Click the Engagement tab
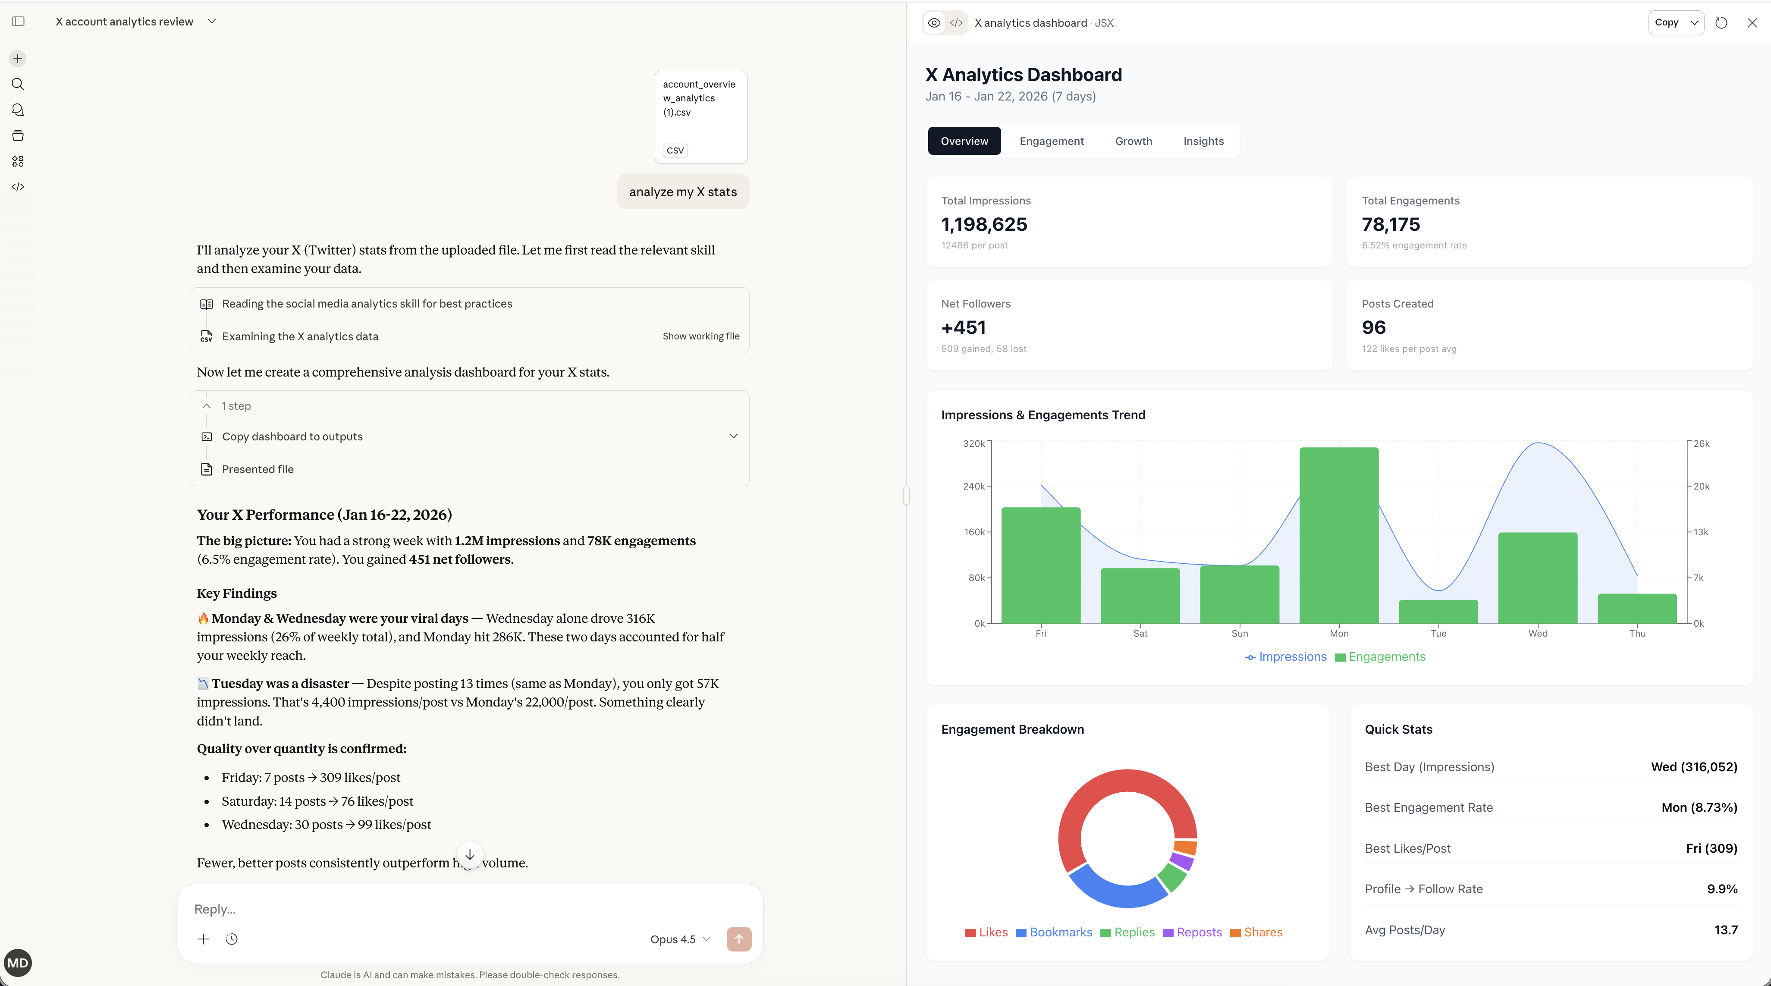(x=1051, y=141)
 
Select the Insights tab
(x=1203, y=141)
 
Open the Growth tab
(x=1133, y=141)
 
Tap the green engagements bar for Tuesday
(x=1438, y=611)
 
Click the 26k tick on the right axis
(x=1701, y=443)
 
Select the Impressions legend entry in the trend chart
(x=1286, y=656)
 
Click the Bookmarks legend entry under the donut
(x=1054, y=933)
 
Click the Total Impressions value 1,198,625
(x=984, y=224)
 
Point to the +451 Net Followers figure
(x=963, y=327)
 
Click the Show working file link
(x=700, y=336)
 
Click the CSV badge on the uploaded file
(x=675, y=150)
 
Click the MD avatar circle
(x=18, y=963)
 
